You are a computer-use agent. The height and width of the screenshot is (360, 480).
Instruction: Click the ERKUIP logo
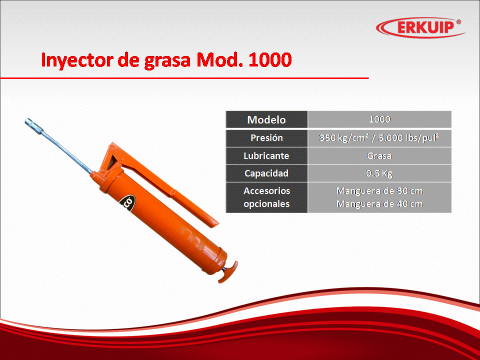click(x=420, y=27)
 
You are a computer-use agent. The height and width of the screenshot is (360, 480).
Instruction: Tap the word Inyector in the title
click(x=77, y=60)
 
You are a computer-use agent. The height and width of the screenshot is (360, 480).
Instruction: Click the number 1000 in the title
click(x=269, y=59)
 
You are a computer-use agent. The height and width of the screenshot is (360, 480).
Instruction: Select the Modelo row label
click(x=266, y=119)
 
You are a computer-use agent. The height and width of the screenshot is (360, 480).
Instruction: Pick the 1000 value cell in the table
click(x=379, y=119)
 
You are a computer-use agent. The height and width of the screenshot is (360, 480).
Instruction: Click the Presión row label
click(x=266, y=138)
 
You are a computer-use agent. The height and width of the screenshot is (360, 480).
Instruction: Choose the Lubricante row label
click(x=266, y=156)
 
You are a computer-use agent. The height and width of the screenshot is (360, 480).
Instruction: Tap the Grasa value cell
click(x=379, y=156)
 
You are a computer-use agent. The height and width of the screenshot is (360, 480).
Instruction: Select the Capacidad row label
click(x=266, y=173)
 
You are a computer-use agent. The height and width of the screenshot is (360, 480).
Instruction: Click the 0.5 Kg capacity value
click(x=379, y=173)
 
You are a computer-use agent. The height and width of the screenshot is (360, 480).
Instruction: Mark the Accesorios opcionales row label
click(x=266, y=197)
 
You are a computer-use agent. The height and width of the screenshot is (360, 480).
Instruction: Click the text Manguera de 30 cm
click(x=379, y=191)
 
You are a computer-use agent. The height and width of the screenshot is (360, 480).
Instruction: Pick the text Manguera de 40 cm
click(x=379, y=204)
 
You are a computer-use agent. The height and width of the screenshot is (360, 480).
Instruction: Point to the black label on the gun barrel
click(x=126, y=203)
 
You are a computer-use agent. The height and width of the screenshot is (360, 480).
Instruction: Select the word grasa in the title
click(x=167, y=61)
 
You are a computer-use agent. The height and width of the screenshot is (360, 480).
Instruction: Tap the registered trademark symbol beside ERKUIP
click(x=458, y=22)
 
